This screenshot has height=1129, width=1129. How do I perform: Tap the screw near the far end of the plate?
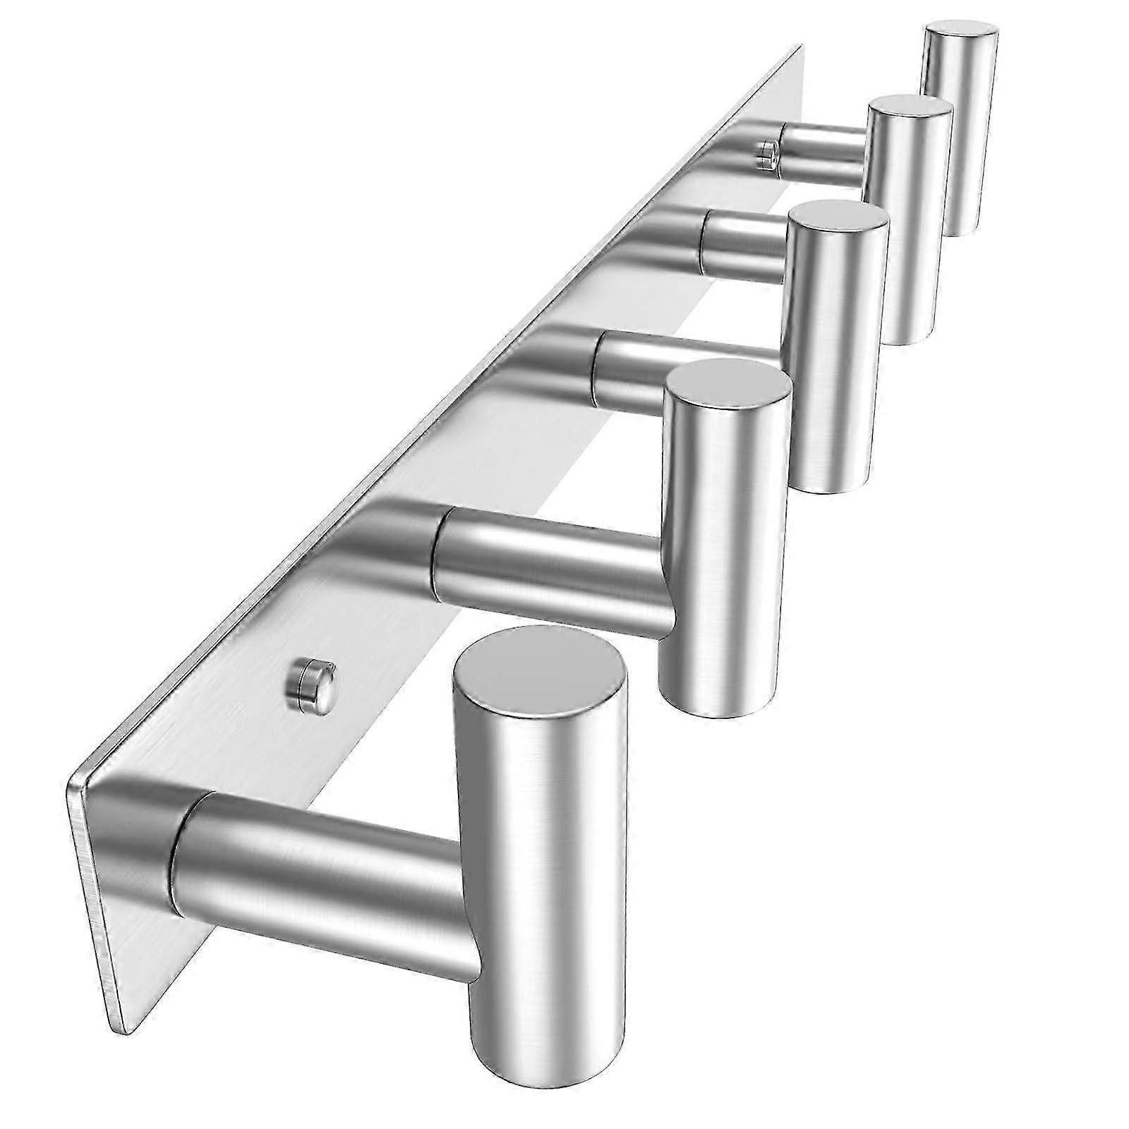(x=765, y=154)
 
